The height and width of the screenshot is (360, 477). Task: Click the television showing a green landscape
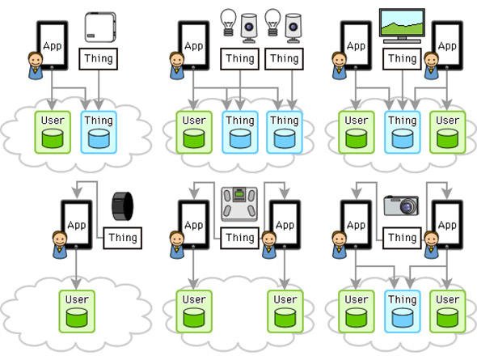pyautogui.click(x=402, y=26)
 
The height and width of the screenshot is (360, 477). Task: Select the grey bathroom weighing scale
pyautogui.click(x=239, y=204)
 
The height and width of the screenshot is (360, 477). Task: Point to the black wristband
pyautogui.click(x=123, y=206)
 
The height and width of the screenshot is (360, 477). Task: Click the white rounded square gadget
pyautogui.click(x=100, y=27)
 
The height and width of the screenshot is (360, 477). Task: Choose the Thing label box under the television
pyautogui.click(x=402, y=59)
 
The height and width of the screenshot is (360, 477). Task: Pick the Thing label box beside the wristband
pyautogui.click(x=123, y=238)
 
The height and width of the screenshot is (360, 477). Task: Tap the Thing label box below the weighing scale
pyautogui.click(x=240, y=238)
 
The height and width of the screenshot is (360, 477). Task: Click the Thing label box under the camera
pyautogui.click(x=402, y=238)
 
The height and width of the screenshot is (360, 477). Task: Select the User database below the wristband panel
pyautogui.click(x=77, y=311)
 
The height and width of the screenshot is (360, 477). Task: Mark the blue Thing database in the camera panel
pyautogui.click(x=402, y=311)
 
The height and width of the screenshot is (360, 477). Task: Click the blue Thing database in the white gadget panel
pyautogui.click(x=99, y=132)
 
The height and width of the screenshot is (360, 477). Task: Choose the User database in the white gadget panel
pyautogui.click(x=53, y=132)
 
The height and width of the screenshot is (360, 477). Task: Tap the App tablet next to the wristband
pyautogui.click(x=76, y=225)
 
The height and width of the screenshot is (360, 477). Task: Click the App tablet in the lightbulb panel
pyautogui.click(x=193, y=45)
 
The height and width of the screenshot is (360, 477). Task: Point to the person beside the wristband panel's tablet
pyautogui.click(x=60, y=244)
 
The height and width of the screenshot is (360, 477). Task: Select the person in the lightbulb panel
pyautogui.click(x=177, y=66)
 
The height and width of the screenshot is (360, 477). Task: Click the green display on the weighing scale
pyautogui.click(x=239, y=193)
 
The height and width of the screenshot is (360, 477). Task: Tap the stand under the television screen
pyautogui.click(x=402, y=40)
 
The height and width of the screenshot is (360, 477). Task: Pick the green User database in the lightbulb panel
pyautogui.click(x=194, y=132)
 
